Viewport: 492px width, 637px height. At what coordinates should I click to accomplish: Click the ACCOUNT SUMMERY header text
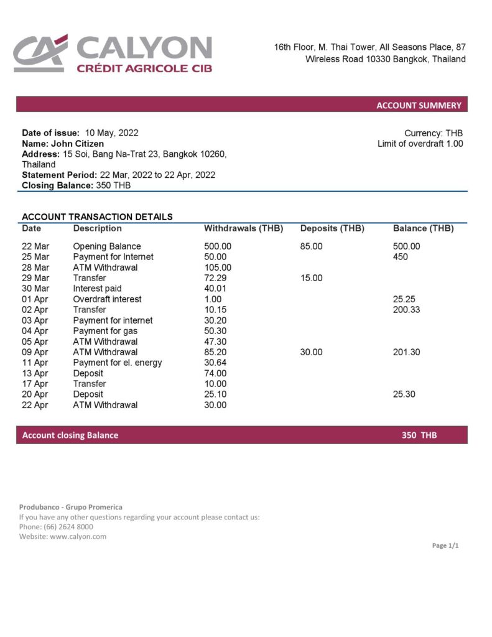419,105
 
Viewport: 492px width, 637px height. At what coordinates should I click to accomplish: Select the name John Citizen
77,144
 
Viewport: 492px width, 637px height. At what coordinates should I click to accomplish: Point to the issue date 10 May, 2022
112,133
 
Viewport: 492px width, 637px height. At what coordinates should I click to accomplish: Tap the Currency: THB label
434,133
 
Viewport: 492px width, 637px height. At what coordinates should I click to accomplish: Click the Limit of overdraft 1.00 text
420,144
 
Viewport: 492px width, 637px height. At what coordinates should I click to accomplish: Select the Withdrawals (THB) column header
243,228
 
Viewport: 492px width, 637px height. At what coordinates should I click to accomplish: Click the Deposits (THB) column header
332,228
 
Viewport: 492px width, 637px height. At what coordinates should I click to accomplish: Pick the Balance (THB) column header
423,228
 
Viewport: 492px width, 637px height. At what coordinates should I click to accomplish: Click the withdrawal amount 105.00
217,267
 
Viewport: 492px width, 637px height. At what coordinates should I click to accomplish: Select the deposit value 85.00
311,246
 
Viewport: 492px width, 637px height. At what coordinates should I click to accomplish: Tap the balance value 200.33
406,310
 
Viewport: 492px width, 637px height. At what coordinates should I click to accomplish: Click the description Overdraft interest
107,299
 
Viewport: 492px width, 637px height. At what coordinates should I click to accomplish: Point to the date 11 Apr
35,363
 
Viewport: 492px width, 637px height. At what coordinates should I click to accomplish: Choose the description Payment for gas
105,331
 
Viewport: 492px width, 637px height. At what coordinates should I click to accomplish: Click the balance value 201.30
406,352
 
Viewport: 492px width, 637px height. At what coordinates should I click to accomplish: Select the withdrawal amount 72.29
215,278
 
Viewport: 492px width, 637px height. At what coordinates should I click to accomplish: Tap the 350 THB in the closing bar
419,435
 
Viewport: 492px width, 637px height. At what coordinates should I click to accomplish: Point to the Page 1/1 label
445,546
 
